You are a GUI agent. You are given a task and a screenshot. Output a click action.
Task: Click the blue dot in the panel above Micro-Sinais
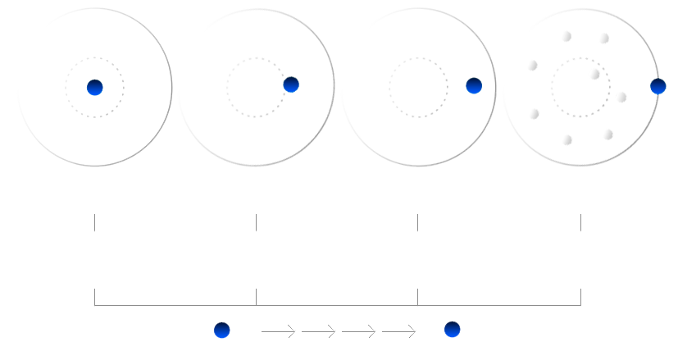click(94, 87)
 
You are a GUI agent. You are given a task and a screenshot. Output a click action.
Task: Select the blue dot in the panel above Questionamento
click(291, 84)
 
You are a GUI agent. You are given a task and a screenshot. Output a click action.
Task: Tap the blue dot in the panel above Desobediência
click(474, 85)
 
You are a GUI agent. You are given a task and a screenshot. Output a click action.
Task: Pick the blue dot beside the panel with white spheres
click(658, 86)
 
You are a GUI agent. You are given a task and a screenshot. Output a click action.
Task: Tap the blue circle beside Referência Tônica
click(221, 330)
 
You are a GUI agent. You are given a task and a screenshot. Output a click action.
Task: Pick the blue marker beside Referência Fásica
click(452, 330)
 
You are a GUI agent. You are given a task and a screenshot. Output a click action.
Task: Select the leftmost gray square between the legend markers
click(291, 330)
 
